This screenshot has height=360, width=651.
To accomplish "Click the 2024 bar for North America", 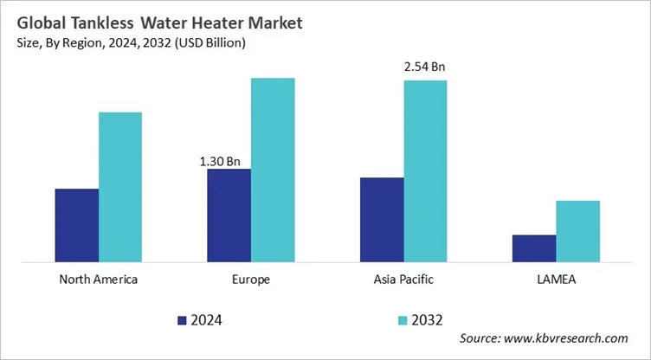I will (x=76, y=224).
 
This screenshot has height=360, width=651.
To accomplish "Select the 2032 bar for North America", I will (x=119, y=186).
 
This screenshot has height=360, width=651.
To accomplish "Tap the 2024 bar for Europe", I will (x=229, y=215).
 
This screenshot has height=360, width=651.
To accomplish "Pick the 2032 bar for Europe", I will (x=273, y=169).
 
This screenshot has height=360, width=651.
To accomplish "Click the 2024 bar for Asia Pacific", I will (x=381, y=219).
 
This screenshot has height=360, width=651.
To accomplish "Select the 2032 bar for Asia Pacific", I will (x=425, y=170).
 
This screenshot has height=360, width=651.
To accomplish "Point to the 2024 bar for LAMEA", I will (x=533, y=247).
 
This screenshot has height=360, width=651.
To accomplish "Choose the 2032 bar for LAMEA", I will (x=577, y=230).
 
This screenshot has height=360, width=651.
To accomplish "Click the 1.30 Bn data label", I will (x=220, y=160).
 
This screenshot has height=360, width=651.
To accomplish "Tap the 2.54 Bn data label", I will (x=425, y=66).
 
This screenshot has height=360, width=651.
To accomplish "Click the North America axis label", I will (x=98, y=280).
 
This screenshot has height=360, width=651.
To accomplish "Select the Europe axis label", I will (x=251, y=280).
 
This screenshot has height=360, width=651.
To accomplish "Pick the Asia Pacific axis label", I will (x=403, y=280).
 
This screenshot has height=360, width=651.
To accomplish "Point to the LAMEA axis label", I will (x=556, y=280).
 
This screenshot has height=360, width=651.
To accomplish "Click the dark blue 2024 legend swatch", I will (x=182, y=320).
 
